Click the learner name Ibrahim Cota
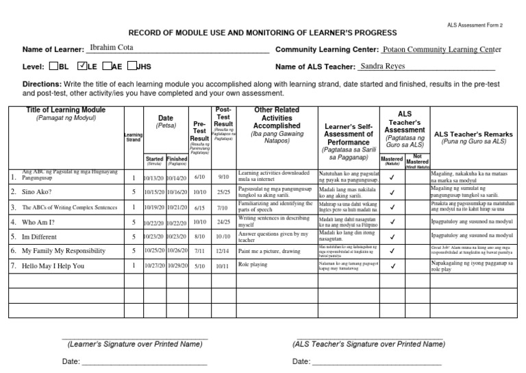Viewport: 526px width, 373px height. pyautogui.click(x=112, y=48)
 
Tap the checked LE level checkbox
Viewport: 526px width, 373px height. pyautogui.click(x=82, y=67)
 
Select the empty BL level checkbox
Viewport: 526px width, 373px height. pyautogui.click(x=54, y=67)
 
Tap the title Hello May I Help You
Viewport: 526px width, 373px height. pyautogui.click(x=53, y=266)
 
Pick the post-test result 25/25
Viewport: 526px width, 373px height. pyautogui.click(x=223, y=192)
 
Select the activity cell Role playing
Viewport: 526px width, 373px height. pyautogui.click(x=253, y=264)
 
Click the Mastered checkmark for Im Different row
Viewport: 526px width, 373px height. pyautogui.click(x=392, y=237)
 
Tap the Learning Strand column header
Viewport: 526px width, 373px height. pyautogui.click(x=134, y=138)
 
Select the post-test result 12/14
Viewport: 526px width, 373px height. pyautogui.click(x=223, y=251)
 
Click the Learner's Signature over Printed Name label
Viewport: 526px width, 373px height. pyautogui.click(x=134, y=344)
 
